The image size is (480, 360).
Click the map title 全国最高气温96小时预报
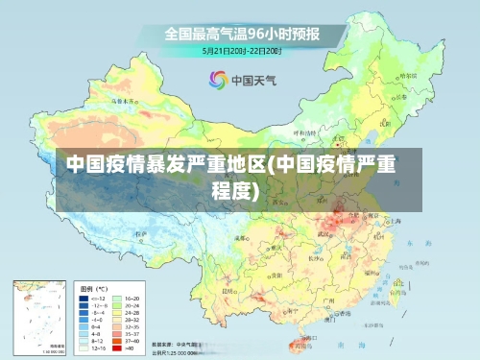click(x=241, y=33)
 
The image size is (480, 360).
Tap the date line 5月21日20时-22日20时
click(x=241, y=50)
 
